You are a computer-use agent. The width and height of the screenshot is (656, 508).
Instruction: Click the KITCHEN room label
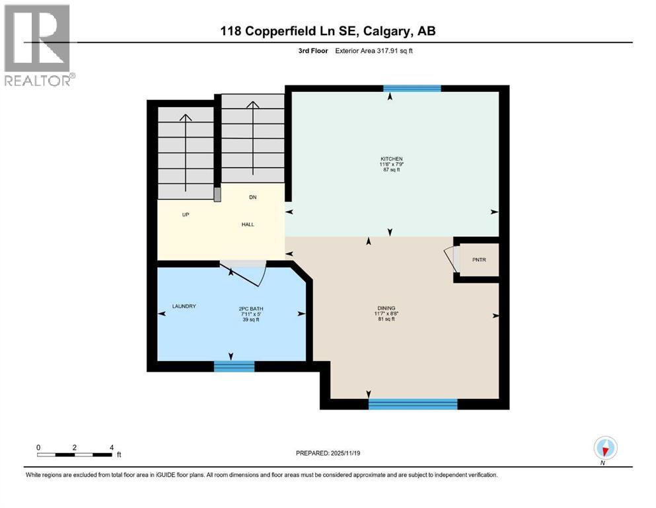pos(390,159)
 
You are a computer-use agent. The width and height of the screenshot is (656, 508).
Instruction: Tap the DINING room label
pos(386,308)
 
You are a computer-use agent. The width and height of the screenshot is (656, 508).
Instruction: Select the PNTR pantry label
pos(479,260)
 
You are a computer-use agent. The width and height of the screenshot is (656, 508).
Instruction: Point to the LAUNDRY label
pos(184,306)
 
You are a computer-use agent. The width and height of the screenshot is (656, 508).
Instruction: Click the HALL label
pos(248,224)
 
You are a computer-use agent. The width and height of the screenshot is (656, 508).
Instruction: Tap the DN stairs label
pos(252,197)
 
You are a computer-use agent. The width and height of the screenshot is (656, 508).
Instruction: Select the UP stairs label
pos(186,215)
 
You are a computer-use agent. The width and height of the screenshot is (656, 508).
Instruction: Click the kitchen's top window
pos(412,88)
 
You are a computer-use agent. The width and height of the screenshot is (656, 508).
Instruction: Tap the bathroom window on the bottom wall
pos(234,366)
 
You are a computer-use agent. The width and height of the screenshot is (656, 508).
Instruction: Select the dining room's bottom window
pos(413,403)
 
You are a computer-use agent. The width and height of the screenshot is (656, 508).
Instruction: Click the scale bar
pos(75,454)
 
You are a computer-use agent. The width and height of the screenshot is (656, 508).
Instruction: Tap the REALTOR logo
pos(38,45)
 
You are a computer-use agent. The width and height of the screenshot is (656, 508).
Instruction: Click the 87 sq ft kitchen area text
pos(390,170)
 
